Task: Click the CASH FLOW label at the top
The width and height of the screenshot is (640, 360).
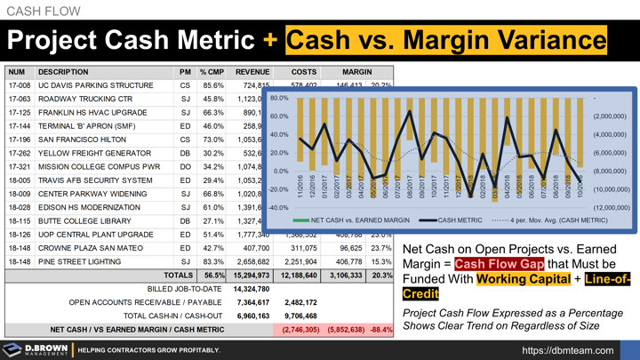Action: click(x=44, y=12)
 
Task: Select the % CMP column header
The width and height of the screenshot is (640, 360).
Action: click(x=212, y=72)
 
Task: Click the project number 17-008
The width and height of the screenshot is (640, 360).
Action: click(x=20, y=86)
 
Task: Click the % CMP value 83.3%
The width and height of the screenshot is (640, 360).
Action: click(x=212, y=261)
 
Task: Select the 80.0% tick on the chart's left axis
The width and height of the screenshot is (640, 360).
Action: click(x=279, y=98)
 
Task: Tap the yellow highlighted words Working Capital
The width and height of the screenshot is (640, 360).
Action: click(x=512, y=279)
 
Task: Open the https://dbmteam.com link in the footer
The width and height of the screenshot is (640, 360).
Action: click(x=578, y=349)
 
